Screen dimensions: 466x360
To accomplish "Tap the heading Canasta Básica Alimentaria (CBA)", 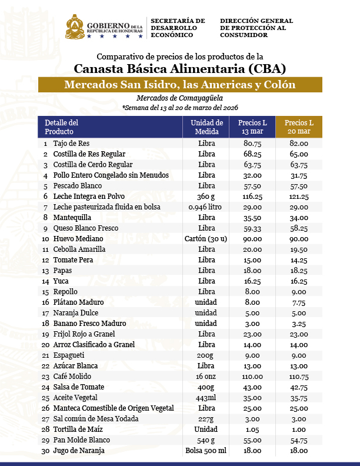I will coord(179,68).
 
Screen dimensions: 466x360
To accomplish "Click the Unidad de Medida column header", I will coord(206,127).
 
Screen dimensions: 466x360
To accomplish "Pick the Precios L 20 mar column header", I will coord(299,127).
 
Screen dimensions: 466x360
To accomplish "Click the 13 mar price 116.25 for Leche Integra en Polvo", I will coord(252,196).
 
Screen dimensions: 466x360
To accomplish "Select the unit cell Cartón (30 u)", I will coord(206,238).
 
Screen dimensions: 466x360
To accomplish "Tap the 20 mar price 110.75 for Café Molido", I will coord(299,376).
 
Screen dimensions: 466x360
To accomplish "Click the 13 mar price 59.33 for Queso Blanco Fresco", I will coord(252,228).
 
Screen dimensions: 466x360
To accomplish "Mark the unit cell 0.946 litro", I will coord(206,207).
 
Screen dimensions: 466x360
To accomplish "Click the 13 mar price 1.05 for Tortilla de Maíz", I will coord(252,429).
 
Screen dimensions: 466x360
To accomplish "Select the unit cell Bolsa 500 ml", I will coord(206,450).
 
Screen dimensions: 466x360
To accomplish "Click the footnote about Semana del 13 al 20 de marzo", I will coord(179,108).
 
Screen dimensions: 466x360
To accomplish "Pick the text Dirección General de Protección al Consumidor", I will coord(256,28).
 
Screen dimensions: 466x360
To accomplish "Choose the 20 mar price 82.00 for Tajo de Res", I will coord(299,143).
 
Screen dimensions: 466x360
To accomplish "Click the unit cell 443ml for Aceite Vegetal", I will coord(206,397).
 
